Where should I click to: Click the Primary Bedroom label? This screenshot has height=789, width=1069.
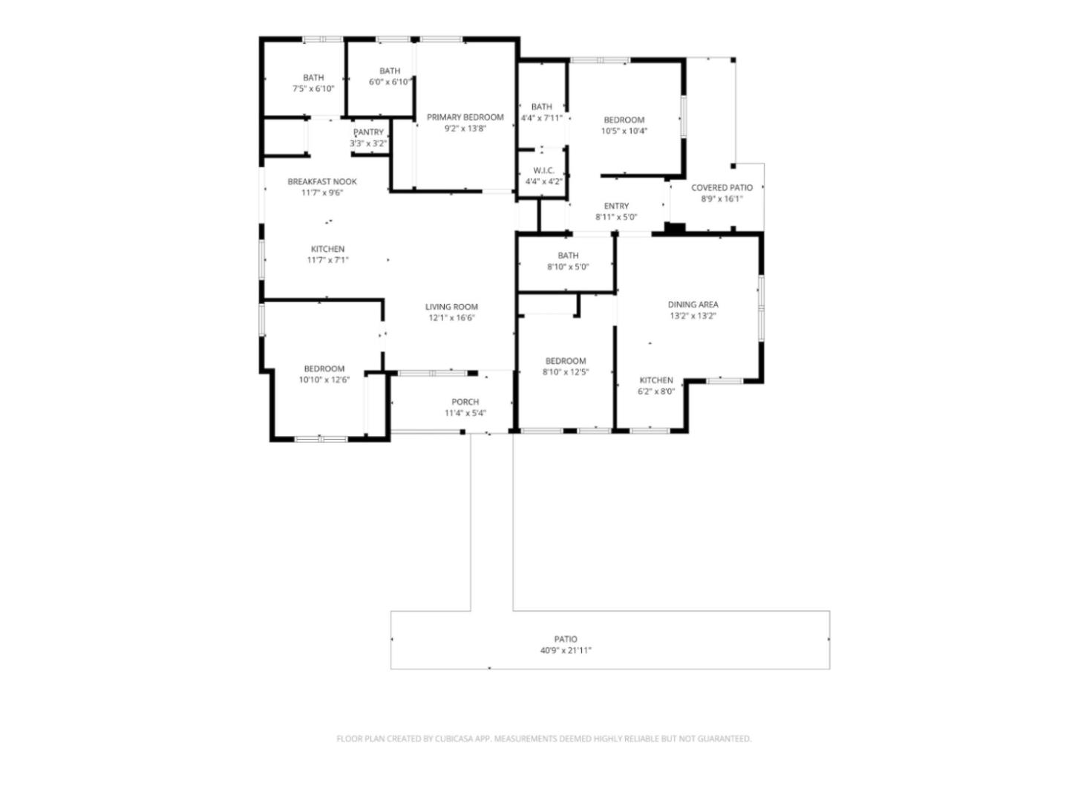pyautogui.click(x=465, y=117)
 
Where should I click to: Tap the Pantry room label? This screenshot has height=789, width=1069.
pyautogui.click(x=369, y=132)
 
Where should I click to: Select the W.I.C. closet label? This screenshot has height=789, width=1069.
pyautogui.click(x=543, y=170)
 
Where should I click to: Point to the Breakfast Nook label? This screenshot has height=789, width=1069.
pyautogui.click(x=322, y=181)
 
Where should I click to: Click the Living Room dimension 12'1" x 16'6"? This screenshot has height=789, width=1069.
pyautogui.click(x=451, y=318)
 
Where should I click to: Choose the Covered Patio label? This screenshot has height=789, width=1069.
pyautogui.click(x=722, y=188)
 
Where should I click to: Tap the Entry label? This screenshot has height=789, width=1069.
pyautogui.click(x=616, y=206)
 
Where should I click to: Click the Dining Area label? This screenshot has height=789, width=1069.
pyautogui.click(x=693, y=305)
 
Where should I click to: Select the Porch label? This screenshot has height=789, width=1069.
pyautogui.click(x=465, y=402)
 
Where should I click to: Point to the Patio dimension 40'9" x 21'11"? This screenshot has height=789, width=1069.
pyautogui.click(x=566, y=651)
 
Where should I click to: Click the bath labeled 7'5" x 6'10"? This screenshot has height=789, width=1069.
pyautogui.click(x=313, y=78)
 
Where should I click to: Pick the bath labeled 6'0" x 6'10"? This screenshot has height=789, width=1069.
pyautogui.click(x=390, y=71)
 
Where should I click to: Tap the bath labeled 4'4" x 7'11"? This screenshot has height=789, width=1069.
pyautogui.click(x=542, y=107)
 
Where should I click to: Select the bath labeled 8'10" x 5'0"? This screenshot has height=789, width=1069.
pyautogui.click(x=568, y=256)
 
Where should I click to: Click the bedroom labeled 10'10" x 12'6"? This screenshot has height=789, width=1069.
pyautogui.click(x=324, y=369)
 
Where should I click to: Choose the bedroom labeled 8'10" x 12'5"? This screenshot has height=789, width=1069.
pyautogui.click(x=565, y=361)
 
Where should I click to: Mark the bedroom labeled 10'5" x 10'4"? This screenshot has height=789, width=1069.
pyautogui.click(x=624, y=120)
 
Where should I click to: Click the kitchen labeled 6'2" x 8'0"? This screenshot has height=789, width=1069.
pyautogui.click(x=656, y=380)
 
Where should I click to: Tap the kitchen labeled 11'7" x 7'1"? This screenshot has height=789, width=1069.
pyautogui.click(x=327, y=250)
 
